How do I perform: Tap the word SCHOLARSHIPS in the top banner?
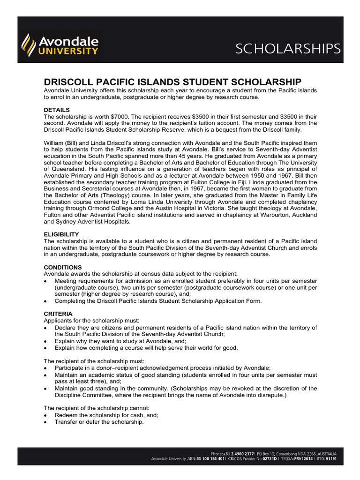coord(288,48)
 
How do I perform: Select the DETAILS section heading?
coord(57,110)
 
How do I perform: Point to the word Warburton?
coord(265,215)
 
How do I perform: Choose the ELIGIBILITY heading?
coord(61,234)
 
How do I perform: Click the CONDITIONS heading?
coord(63,267)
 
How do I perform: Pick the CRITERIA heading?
coord(58,313)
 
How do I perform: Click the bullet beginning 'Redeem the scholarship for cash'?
coord(106,415)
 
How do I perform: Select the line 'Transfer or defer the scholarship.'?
coord(99,421)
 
